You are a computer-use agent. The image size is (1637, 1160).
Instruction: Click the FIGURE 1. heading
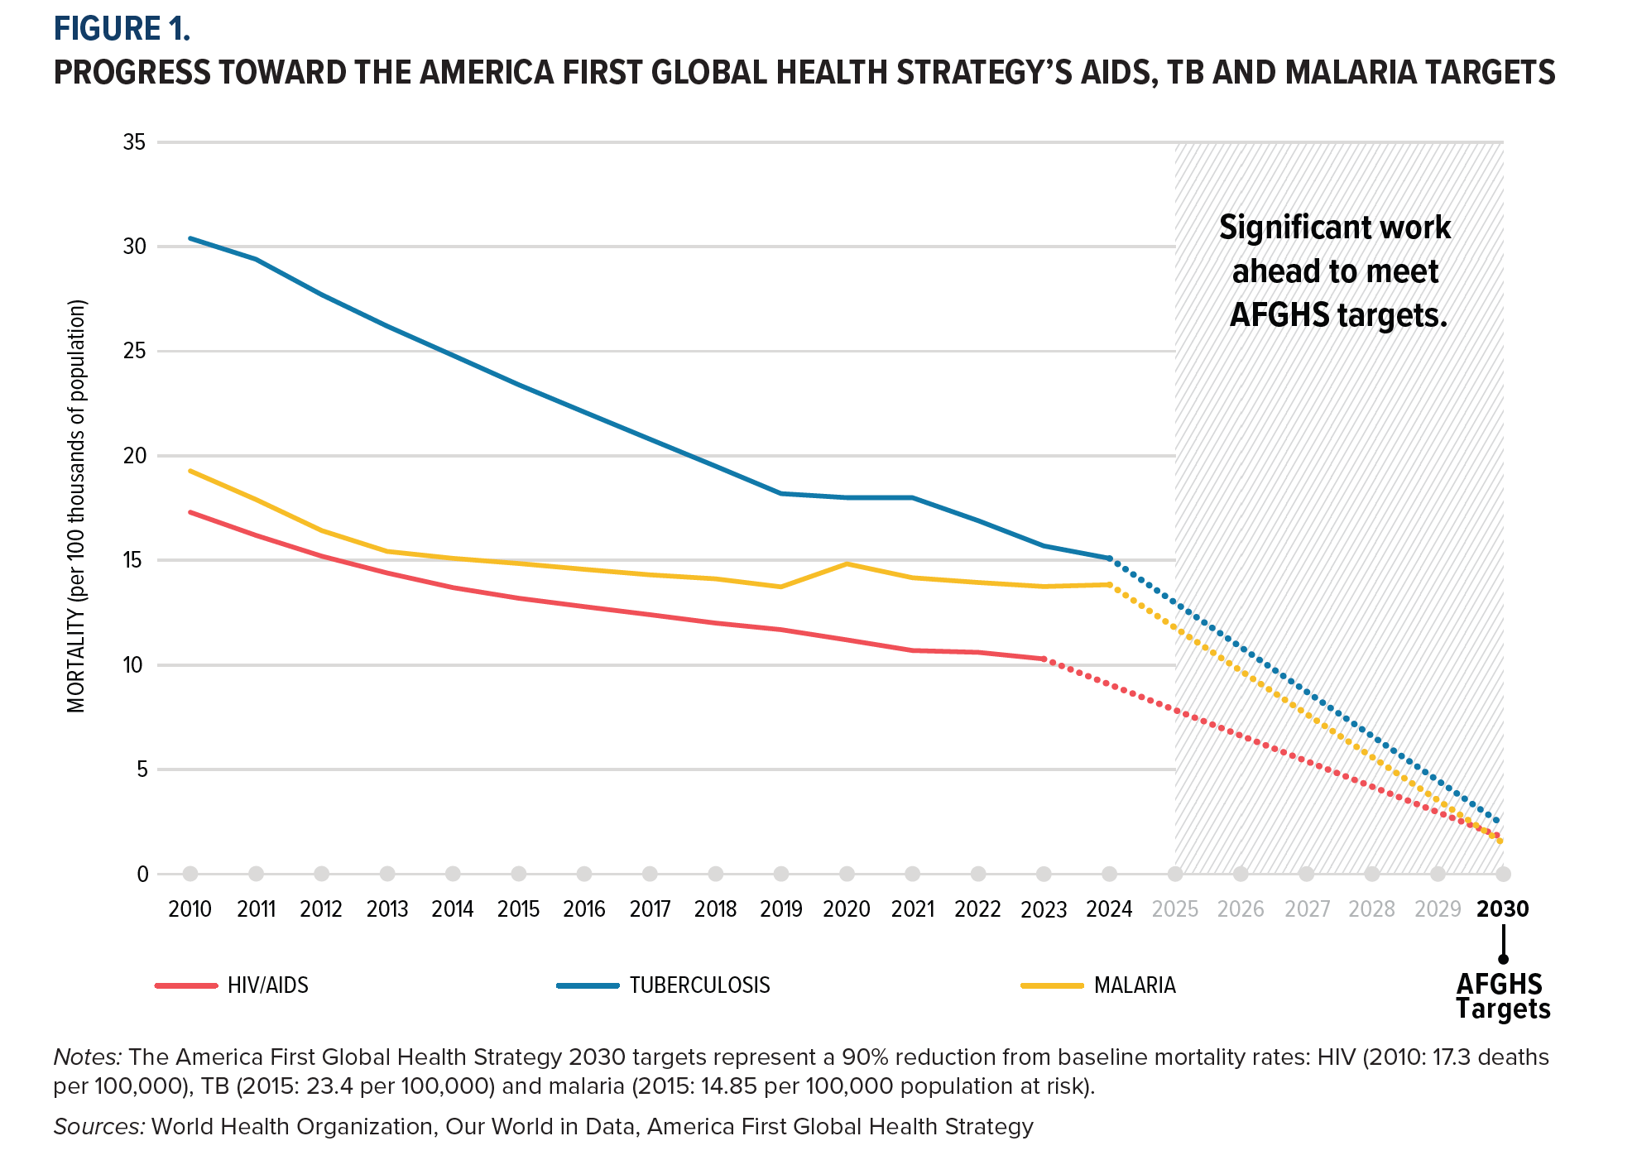click(x=122, y=29)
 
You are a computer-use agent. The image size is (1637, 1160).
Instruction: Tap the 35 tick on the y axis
click(x=134, y=142)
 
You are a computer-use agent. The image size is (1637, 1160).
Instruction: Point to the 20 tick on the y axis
click(x=134, y=456)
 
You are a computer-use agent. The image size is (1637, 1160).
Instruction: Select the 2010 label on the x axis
click(x=190, y=909)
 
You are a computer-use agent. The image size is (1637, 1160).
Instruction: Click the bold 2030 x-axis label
click(x=1502, y=909)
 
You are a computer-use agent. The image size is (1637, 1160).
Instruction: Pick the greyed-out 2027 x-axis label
click(x=1307, y=909)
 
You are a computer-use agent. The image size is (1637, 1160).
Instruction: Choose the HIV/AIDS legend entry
click(x=267, y=985)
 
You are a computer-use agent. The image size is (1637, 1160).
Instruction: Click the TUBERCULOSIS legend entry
click(x=699, y=985)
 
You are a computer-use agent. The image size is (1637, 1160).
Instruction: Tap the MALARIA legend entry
click(x=1135, y=985)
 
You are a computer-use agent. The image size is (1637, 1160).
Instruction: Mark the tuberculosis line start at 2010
click(x=190, y=238)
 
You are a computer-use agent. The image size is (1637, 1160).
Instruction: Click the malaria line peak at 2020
click(x=847, y=564)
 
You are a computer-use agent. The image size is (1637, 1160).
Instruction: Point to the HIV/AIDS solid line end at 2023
click(x=1044, y=659)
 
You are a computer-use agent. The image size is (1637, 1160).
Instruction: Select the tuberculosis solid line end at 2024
click(x=1109, y=558)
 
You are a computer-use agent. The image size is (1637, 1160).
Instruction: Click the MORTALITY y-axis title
click(x=77, y=506)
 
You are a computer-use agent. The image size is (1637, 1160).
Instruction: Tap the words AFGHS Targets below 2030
click(x=1502, y=996)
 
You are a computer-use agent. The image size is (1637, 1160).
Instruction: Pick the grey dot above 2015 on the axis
click(x=519, y=874)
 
